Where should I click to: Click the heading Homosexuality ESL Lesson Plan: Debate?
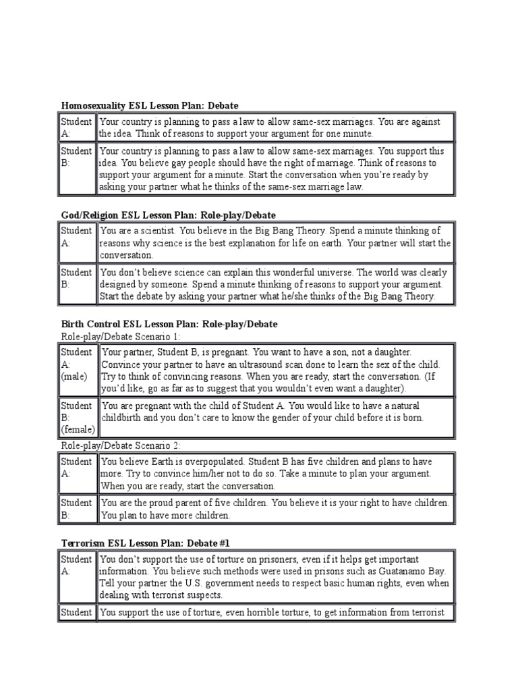(150, 106)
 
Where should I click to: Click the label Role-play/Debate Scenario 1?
(121, 336)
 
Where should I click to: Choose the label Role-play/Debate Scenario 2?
(121, 445)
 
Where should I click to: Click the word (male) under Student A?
(74, 377)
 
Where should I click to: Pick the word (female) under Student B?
(78, 431)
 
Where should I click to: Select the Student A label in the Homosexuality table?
(76, 128)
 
